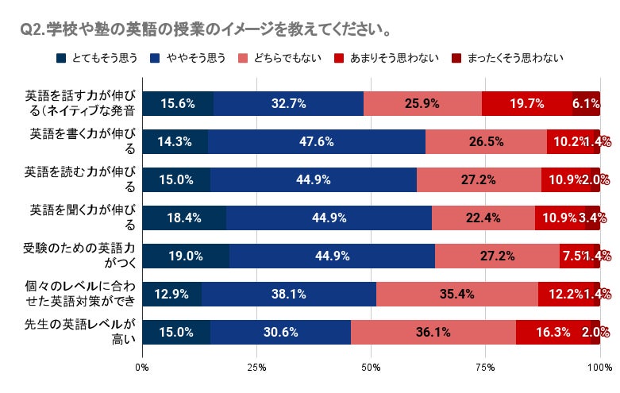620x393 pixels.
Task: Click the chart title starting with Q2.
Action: coord(205,30)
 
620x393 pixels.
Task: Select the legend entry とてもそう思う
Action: coord(98,58)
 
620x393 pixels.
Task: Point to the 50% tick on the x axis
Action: coord(371,368)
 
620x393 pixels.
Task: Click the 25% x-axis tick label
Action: coord(256,368)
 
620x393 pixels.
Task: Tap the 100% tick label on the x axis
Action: coord(599,368)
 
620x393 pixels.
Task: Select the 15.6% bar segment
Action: coord(178,103)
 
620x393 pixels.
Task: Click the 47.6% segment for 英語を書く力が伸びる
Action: coord(317,141)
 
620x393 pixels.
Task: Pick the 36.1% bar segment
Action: coord(433,332)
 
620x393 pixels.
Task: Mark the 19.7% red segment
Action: coord(527,103)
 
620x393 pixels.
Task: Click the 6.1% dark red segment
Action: coord(586,103)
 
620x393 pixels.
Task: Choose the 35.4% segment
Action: coord(457,294)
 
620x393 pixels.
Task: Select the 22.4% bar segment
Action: coord(483,218)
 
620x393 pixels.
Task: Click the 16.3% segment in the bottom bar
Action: coord(553,332)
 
